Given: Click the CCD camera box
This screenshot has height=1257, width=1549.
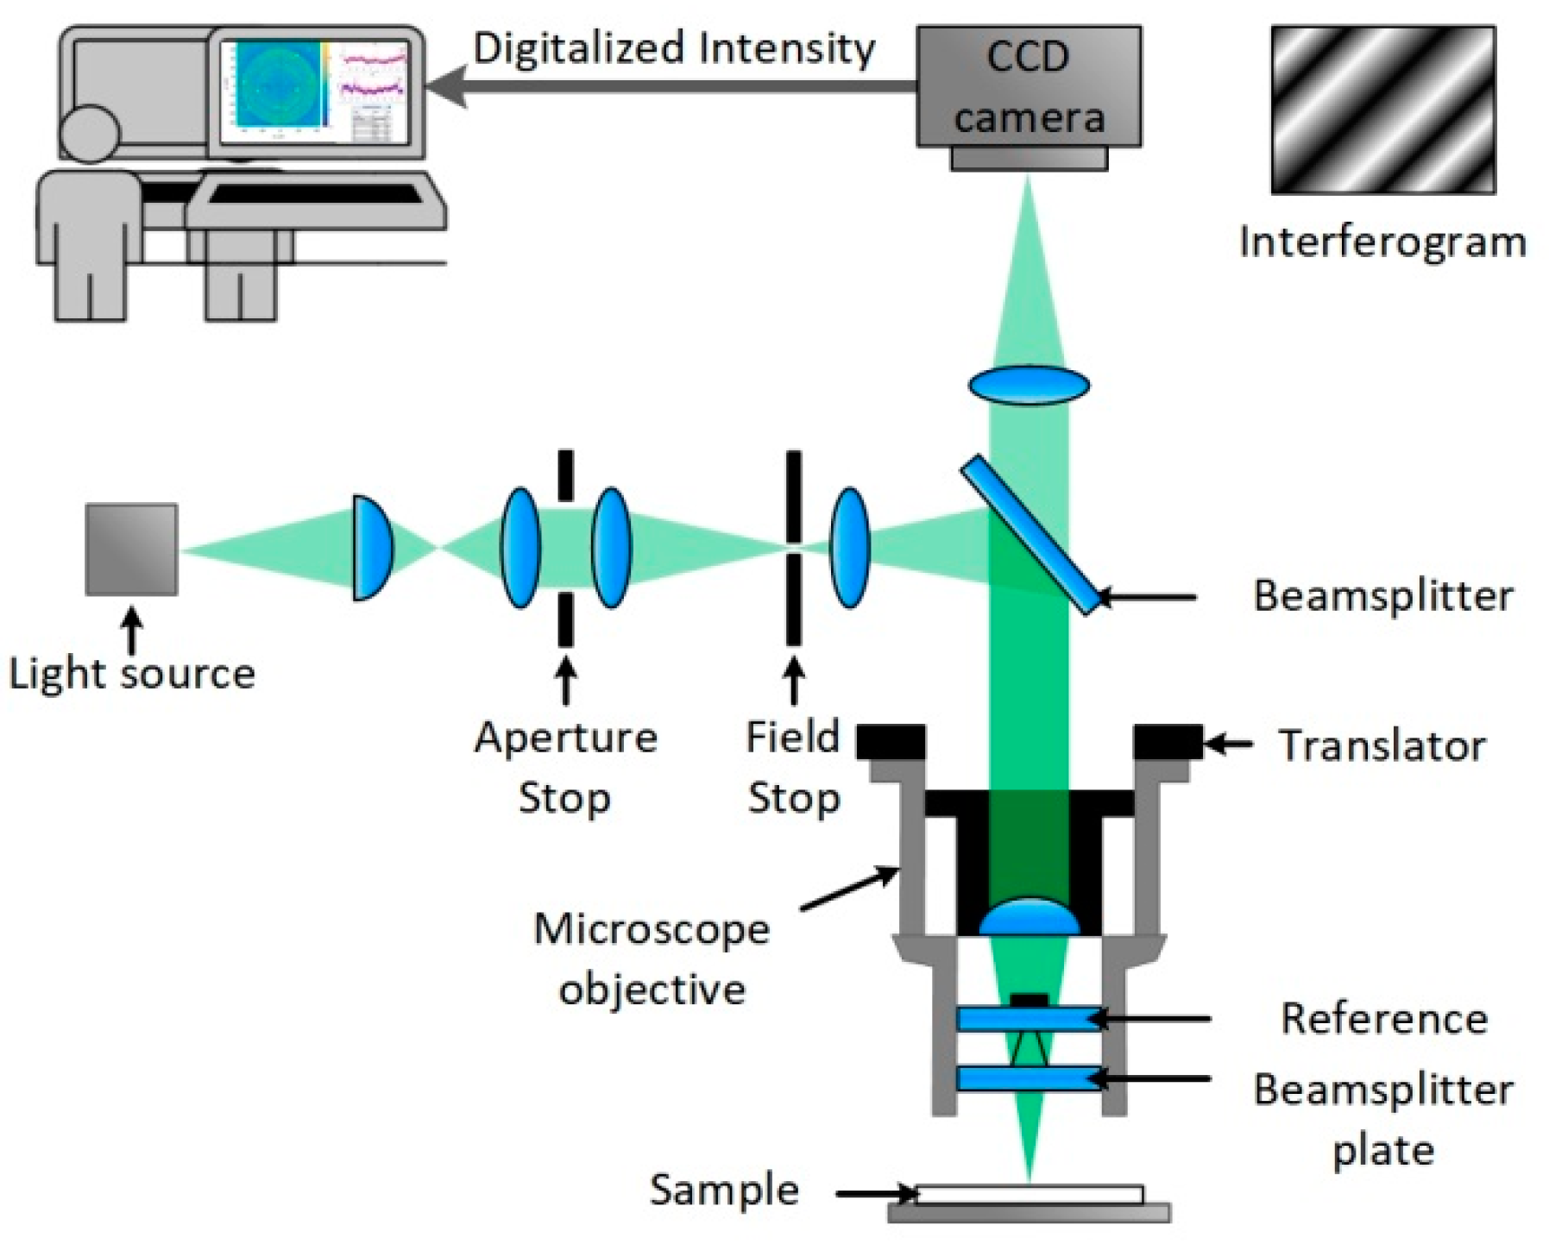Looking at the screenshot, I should tap(1028, 86).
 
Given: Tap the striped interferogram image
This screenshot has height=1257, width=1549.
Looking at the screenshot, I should tap(1382, 110).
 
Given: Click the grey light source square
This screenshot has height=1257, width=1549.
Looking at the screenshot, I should tap(131, 550).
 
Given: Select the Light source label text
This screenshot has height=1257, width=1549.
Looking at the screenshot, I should tap(132, 673).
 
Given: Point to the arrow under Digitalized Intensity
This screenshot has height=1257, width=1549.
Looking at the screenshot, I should tap(673, 86).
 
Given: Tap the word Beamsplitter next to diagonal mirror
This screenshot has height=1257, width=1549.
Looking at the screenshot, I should tap(1382, 595).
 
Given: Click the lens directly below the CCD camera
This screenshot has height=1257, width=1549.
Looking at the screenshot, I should tap(1029, 385).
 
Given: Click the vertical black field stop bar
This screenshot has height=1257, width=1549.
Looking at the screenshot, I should tap(793, 500).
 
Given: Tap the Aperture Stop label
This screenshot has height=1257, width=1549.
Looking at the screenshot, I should tap(565, 767).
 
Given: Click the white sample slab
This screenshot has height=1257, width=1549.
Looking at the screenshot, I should tap(1029, 1194).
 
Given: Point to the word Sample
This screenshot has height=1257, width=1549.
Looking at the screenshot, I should tap(724, 1190).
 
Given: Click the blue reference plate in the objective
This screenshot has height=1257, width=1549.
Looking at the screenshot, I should tap(1029, 1019).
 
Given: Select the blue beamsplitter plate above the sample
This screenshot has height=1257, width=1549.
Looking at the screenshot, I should tap(1029, 1078).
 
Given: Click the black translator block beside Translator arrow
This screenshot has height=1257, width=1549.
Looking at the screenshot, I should tap(1167, 742).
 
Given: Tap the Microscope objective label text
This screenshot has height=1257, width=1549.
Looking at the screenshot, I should tap(652, 958).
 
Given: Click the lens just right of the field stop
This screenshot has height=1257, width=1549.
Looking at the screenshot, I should tap(849, 548).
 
